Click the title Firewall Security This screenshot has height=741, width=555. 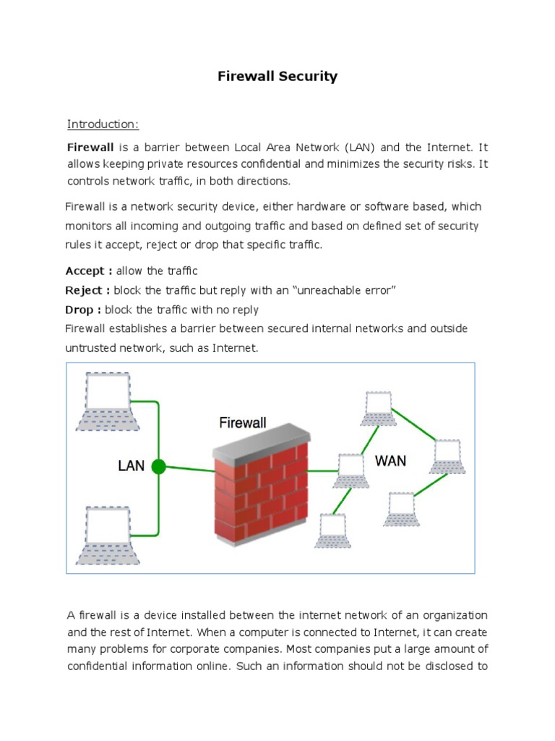(x=277, y=76)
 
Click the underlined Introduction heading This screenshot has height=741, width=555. (x=103, y=124)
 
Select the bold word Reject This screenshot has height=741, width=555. (x=87, y=290)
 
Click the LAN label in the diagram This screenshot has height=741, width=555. (x=132, y=466)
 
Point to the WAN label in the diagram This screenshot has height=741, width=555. (x=390, y=461)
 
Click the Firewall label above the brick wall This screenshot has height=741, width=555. (x=243, y=423)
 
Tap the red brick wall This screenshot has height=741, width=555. (x=260, y=492)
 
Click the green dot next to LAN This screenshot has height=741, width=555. (x=159, y=467)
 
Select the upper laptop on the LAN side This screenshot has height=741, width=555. (x=108, y=401)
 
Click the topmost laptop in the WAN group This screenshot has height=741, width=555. (x=379, y=409)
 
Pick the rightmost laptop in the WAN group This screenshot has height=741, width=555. (x=446, y=456)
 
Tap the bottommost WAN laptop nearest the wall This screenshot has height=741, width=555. (x=332, y=532)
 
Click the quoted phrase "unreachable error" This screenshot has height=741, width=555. (x=341, y=290)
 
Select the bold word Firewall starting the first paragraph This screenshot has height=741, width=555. (x=90, y=147)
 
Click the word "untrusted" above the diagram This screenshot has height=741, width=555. (x=89, y=348)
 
